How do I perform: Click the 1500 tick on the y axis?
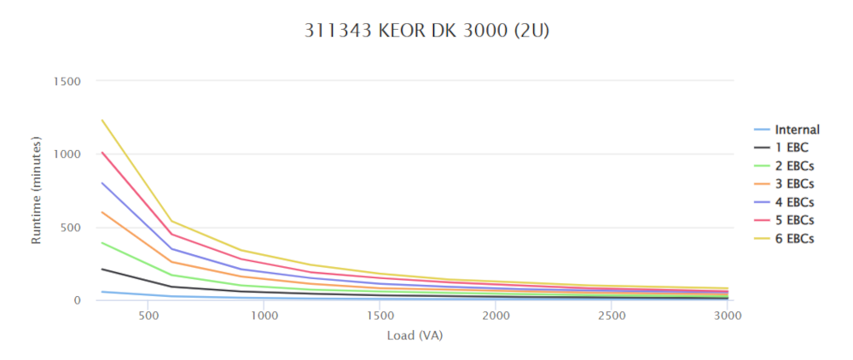pyautogui.click(x=67, y=81)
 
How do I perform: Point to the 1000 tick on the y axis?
pyautogui.click(x=67, y=154)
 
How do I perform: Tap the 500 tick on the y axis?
pyautogui.click(x=70, y=227)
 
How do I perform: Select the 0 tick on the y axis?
pyautogui.click(x=77, y=300)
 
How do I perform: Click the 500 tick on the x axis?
pyautogui.click(x=148, y=316)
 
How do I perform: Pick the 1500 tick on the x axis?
pyautogui.click(x=380, y=316)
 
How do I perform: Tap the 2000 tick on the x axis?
pyautogui.click(x=496, y=316)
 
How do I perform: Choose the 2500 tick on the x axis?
pyautogui.click(x=612, y=316)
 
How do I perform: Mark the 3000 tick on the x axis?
pyautogui.click(x=727, y=316)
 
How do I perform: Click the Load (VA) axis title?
pyautogui.click(x=415, y=334)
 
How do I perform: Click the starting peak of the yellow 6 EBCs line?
pyautogui.click(x=102, y=120)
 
